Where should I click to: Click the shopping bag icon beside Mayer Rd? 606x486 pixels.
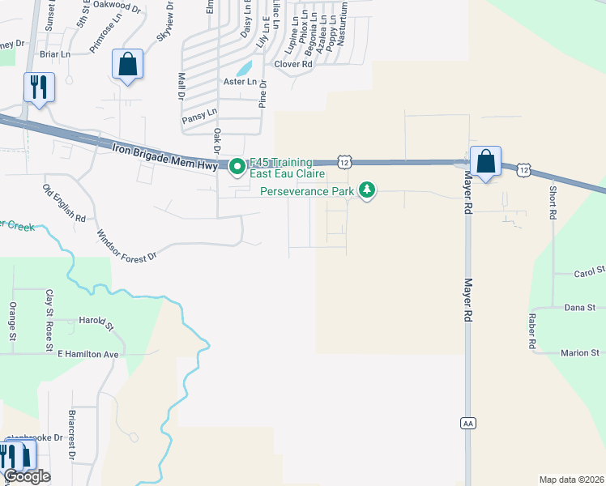coord(485,162)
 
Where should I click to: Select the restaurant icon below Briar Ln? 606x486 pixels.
coord(39,87)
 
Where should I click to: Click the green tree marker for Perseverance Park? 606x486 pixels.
coord(369,191)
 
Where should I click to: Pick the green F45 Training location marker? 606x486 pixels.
coord(237,168)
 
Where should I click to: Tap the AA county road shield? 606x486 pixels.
coord(467,423)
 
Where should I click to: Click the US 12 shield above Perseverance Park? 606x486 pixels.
coord(345,163)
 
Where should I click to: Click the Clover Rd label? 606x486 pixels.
coord(293,64)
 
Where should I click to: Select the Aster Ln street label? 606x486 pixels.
coord(240,82)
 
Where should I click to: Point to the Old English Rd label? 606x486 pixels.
coord(65,203)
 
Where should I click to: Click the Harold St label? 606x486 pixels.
coord(96,322)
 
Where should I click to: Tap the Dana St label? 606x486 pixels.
coord(579,308)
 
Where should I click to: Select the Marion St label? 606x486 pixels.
coord(579,353)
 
